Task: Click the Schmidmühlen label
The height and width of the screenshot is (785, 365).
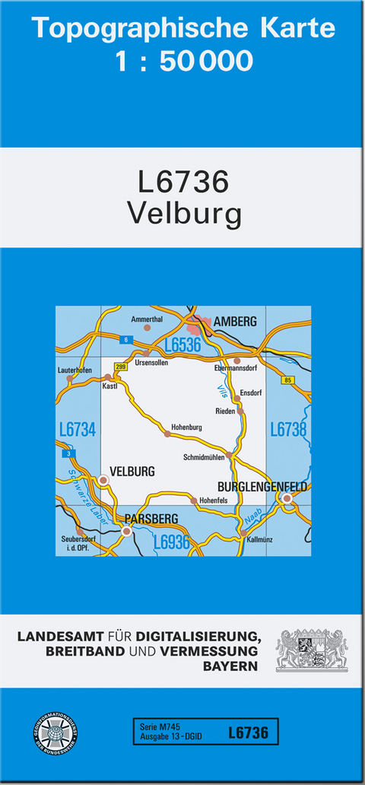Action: [x=204, y=458]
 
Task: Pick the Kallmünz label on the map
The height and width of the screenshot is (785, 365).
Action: [x=260, y=539]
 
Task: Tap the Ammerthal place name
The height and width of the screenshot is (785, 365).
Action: [x=147, y=319]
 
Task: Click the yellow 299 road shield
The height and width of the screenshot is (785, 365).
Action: [x=120, y=367]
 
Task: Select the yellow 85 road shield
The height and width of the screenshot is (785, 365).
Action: [x=287, y=380]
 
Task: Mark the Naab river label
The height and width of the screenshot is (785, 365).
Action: [x=254, y=519]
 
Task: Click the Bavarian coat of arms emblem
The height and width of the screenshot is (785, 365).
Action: [x=312, y=648]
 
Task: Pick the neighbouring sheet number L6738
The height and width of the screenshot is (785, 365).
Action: [x=288, y=431]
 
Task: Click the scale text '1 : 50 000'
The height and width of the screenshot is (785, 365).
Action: [x=183, y=60]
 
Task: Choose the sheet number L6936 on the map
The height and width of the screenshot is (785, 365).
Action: [x=171, y=542]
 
